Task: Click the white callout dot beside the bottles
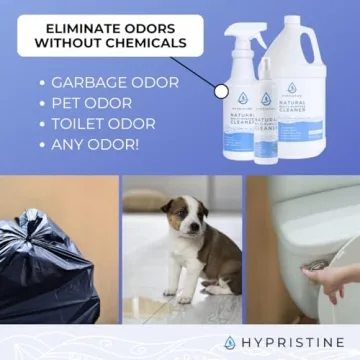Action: (222, 91)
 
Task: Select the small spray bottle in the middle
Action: (267, 125)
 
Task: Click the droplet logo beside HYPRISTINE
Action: (231, 343)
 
